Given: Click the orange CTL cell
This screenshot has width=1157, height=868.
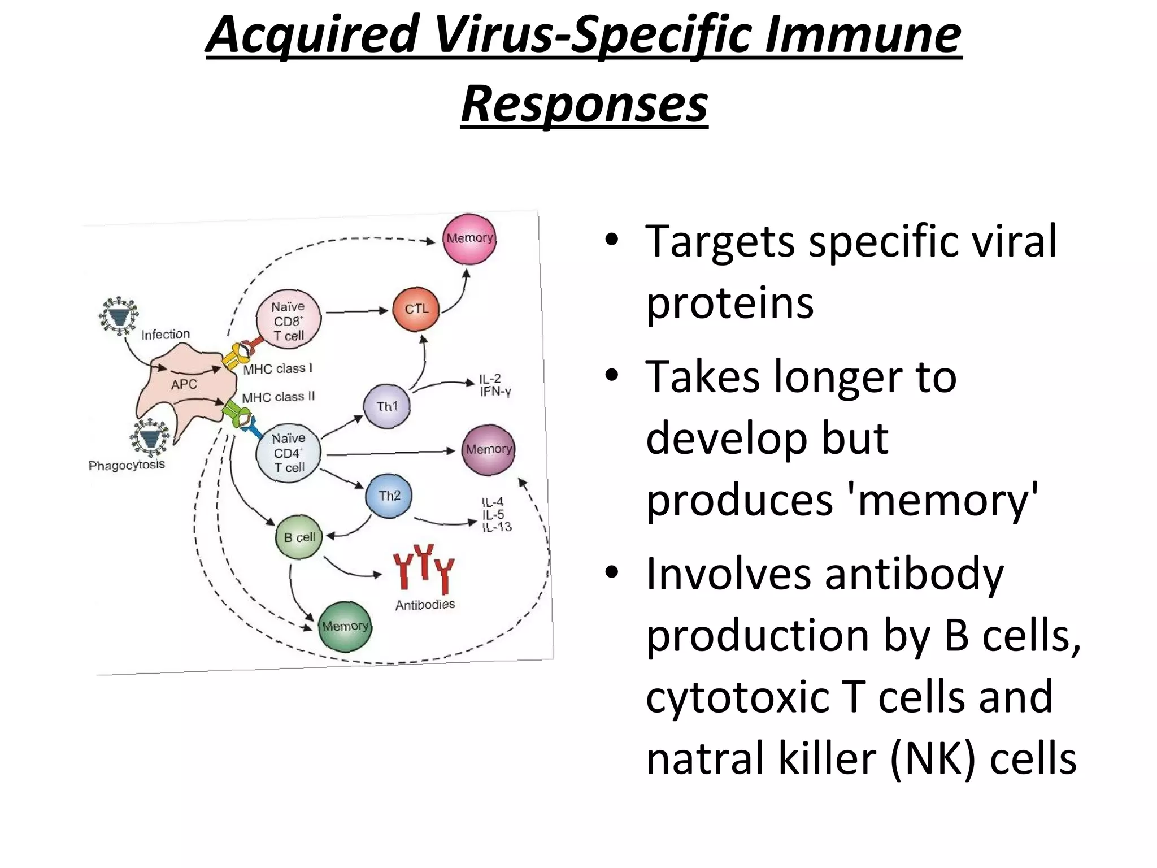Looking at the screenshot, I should (416, 309).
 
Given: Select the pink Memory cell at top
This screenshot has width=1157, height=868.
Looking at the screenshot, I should (469, 239).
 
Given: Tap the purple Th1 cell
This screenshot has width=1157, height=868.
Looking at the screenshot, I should (387, 406).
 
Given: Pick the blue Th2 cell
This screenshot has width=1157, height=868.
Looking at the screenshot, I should (389, 496).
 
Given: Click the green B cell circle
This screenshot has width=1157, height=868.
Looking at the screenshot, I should (299, 537).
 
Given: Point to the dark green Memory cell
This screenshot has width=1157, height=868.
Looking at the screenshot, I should (345, 627).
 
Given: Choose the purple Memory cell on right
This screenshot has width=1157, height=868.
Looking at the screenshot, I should (489, 450).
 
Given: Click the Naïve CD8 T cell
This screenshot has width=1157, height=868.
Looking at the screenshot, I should (289, 320).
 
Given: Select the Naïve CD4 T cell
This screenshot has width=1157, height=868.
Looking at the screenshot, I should (289, 453).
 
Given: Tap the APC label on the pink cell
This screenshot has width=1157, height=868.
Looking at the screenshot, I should (184, 385).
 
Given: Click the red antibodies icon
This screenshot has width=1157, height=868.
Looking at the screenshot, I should (424, 568).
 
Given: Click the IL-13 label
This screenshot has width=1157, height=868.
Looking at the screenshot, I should (497, 527).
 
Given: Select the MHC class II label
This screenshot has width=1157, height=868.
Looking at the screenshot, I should (279, 397).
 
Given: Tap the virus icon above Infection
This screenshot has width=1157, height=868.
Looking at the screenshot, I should (119, 316).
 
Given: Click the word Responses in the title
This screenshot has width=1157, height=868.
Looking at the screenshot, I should (584, 105).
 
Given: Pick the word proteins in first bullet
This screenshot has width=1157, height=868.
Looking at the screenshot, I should (729, 303).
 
